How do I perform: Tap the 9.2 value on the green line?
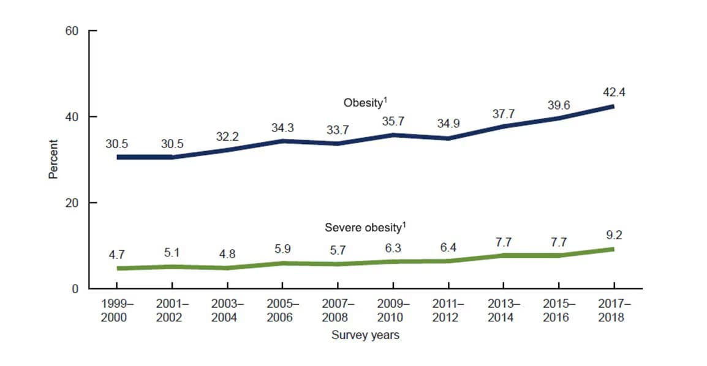click(x=613, y=235)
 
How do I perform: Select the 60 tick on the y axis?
click(x=72, y=31)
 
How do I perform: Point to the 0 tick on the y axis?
click(x=76, y=289)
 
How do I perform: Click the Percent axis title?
click(x=53, y=160)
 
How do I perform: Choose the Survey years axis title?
click(x=365, y=335)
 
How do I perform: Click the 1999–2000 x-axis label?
click(x=116, y=310)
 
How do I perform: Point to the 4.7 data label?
click(x=116, y=253)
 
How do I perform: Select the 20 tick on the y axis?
click(x=72, y=203)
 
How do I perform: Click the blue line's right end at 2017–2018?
click(x=611, y=106)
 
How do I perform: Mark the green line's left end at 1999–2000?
click(x=118, y=268)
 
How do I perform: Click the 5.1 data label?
click(x=172, y=251)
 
